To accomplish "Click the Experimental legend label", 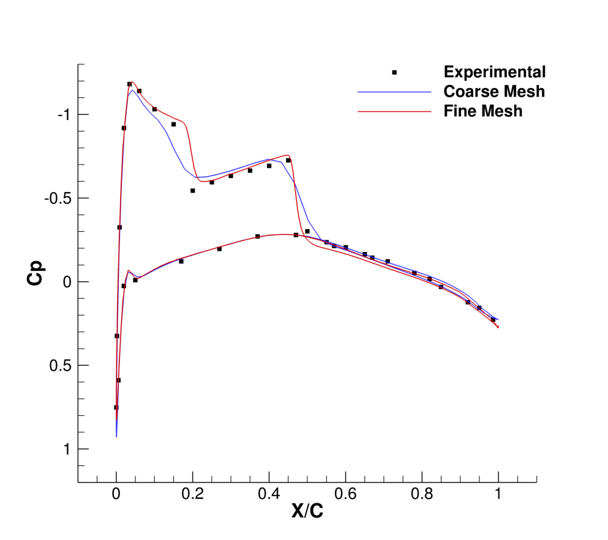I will (x=494, y=72).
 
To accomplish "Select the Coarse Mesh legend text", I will (x=494, y=92).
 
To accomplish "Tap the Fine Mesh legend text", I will (x=483, y=111).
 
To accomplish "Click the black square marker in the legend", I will (x=394, y=72).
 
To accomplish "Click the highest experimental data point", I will (x=129, y=84).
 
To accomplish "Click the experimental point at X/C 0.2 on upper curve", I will (x=192, y=190).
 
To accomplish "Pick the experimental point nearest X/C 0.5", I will (x=307, y=231).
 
